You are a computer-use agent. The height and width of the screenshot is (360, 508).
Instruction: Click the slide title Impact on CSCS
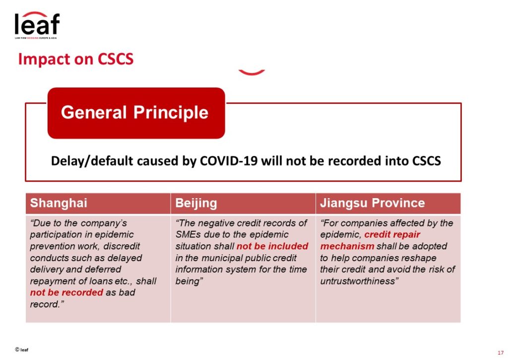(76, 60)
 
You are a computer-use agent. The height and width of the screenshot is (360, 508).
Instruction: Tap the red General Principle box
(136, 113)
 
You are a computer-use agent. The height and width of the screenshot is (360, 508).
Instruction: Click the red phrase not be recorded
(66, 292)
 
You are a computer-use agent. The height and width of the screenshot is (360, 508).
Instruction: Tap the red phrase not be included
(272, 246)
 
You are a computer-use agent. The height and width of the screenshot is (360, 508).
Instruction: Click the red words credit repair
(392, 234)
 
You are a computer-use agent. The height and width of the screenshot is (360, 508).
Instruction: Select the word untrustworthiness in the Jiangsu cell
(358, 281)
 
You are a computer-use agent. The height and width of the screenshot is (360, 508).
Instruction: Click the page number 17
(501, 353)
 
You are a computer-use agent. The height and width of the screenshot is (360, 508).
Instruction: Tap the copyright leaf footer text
(22, 350)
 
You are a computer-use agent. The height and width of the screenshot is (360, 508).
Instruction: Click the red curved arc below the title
(252, 72)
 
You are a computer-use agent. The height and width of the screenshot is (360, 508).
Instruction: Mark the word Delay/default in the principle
(92, 161)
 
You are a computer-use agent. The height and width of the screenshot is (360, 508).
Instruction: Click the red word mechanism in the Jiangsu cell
(347, 246)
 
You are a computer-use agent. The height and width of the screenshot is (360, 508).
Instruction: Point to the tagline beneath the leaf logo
(36, 38)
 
